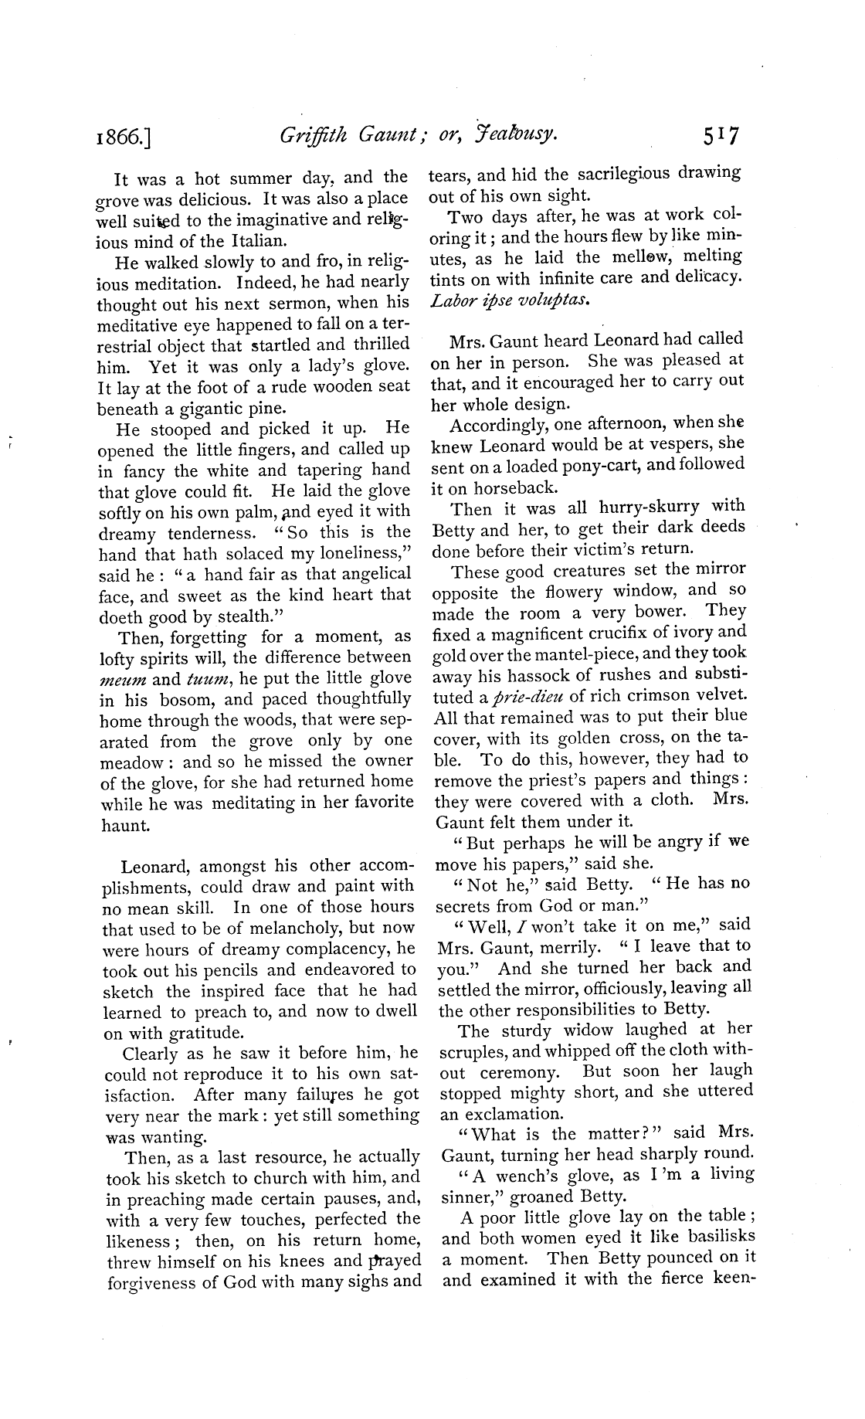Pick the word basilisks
713,1237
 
